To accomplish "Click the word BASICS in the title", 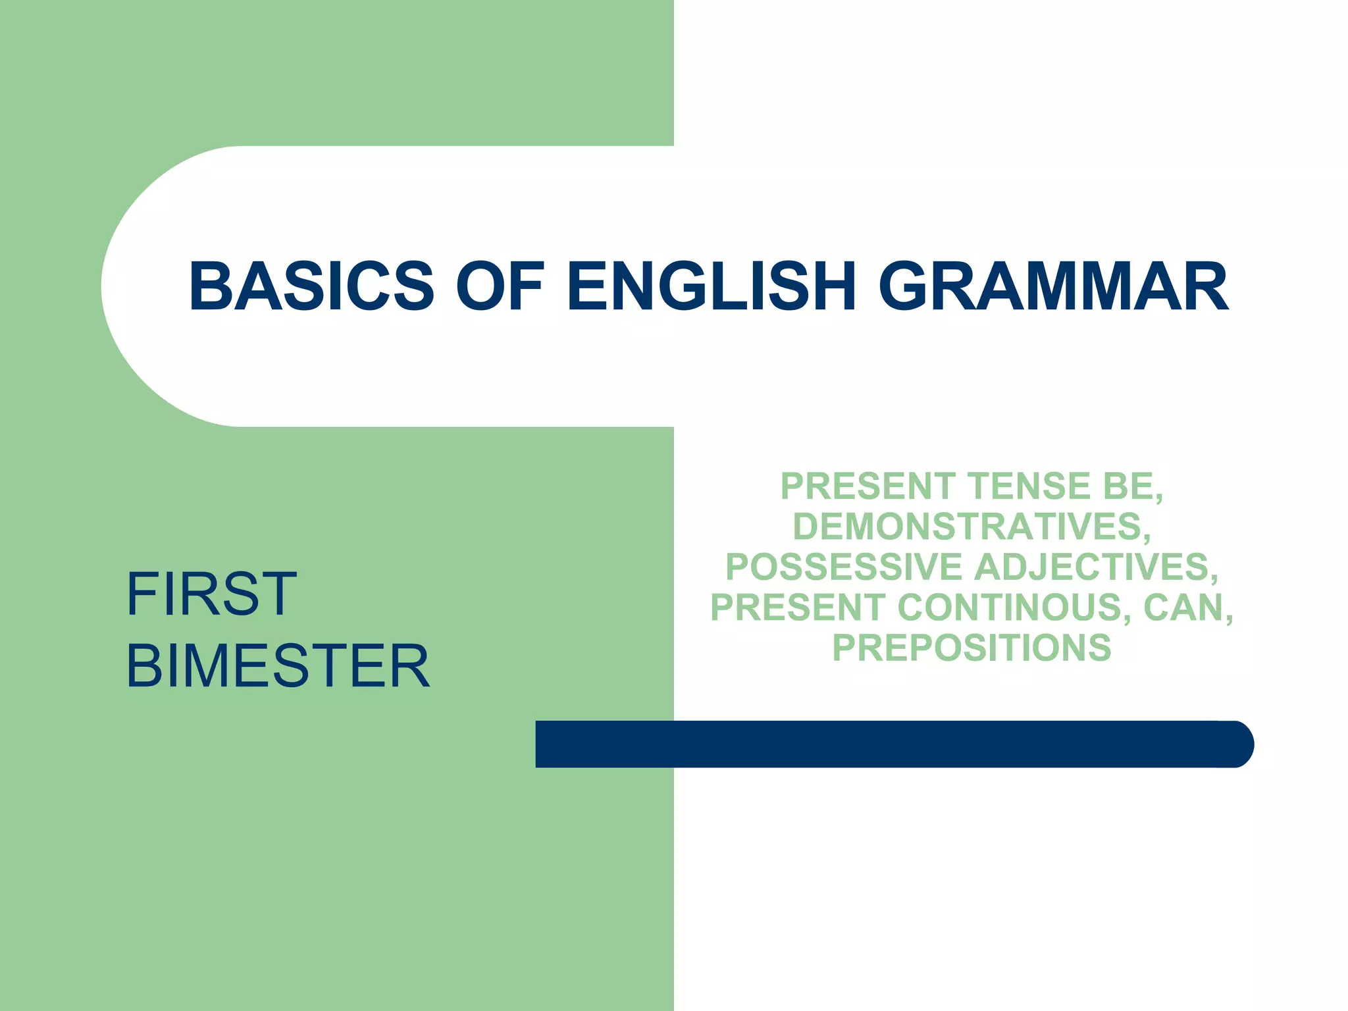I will click(x=311, y=286).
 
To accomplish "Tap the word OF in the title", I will click(x=500, y=286).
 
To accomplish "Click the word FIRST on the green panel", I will click(x=211, y=594).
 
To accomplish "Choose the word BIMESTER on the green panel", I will click(x=278, y=666).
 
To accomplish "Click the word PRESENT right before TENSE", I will click(x=868, y=486).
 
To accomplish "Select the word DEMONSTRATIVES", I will click(x=969, y=527).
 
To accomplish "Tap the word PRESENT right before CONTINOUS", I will click(x=798, y=607).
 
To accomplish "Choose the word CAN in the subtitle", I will click(x=1182, y=607).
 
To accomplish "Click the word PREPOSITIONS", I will click(x=972, y=648).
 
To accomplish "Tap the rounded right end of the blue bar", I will click(x=1237, y=744).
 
